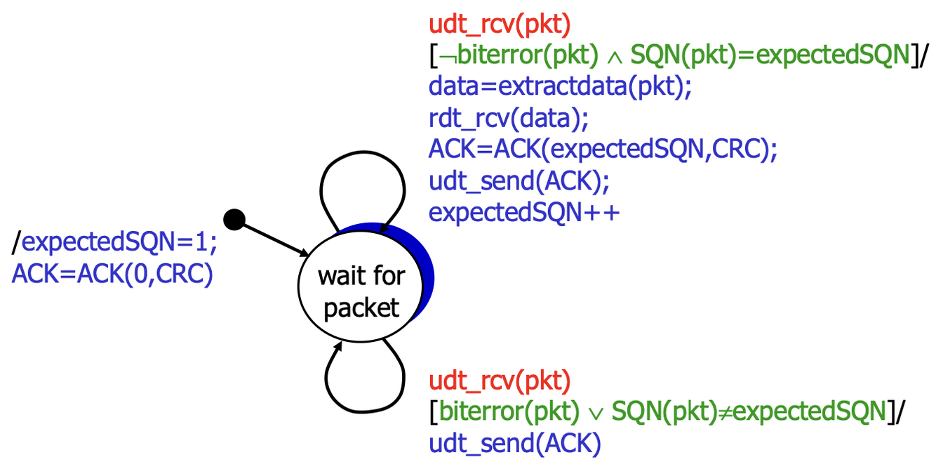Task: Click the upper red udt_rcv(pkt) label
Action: point(500,27)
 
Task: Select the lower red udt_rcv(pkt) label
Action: point(500,383)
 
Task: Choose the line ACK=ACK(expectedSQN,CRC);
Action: point(603,149)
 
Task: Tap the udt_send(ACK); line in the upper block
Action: point(519,180)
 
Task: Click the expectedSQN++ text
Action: point(524,212)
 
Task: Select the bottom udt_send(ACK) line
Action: point(515,444)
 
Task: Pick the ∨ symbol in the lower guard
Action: point(593,414)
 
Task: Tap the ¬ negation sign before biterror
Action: point(444,56)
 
